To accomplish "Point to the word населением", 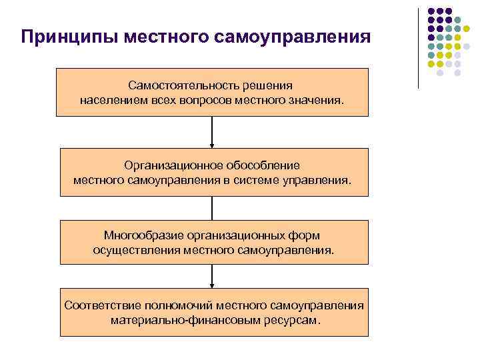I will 111,101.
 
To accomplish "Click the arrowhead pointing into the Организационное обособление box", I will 212,144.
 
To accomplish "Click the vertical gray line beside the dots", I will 418,47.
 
